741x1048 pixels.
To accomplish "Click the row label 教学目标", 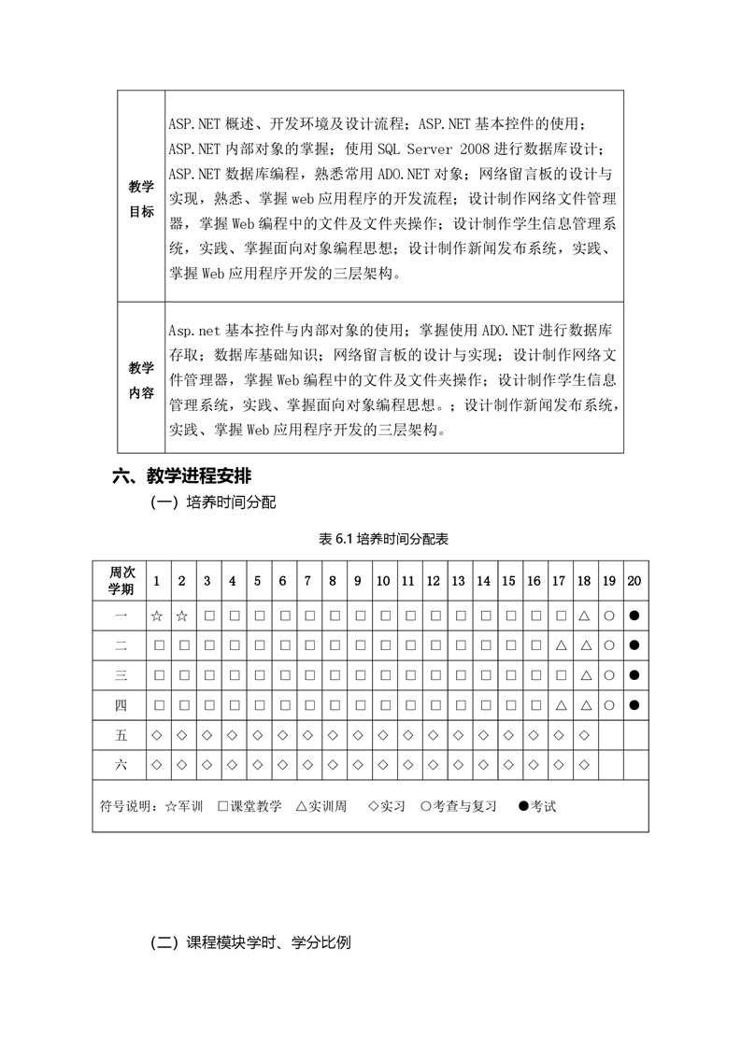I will tap(141, 199).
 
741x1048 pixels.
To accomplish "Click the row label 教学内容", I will tap(141, 380).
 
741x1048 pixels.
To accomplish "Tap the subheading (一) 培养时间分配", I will tap(213, 503).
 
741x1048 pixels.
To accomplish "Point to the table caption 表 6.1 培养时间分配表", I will tap(370, 540).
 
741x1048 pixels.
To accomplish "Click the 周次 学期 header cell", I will tap(121, 581).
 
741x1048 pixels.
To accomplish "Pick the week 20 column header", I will tap(634, 581).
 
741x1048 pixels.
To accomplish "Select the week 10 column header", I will tap(383, 581).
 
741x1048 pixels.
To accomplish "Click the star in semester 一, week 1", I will tap(157, 616).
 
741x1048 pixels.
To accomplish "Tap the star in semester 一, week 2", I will tap(182, 616).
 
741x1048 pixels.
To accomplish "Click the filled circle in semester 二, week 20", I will tap(634, 645).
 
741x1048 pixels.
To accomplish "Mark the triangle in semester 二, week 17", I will tap(560, 645).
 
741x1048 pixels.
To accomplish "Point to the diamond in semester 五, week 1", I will tap(157, 735).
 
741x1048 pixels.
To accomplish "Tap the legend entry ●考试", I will tap(537, 806).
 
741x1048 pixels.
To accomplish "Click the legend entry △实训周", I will tap(321, 806).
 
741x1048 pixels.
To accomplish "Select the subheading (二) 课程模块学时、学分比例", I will tap(250, 943).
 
